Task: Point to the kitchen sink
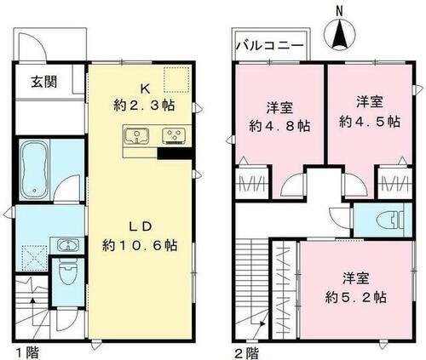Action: point(136,134)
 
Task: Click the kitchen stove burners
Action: point(172,134)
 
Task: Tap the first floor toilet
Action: point(68,274)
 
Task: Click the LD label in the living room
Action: point(141,226)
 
